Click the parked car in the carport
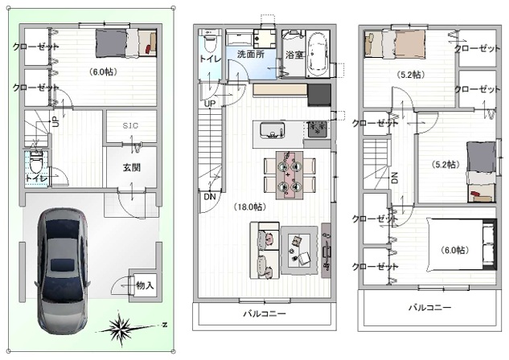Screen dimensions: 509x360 click(61, 271)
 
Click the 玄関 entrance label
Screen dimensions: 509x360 click(131, 167)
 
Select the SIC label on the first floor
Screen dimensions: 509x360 click(130, 125)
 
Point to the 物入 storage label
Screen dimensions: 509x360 click(145, 285)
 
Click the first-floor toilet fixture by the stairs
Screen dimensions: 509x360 click(35, 164)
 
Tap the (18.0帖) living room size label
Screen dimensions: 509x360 click(249, 207)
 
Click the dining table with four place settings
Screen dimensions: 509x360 click(289, 175)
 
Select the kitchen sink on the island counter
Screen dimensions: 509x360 click(272, 130)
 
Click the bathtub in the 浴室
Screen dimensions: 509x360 click(318, 54)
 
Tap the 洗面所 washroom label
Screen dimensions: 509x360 click(251, 54)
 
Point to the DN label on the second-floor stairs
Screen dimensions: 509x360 click(209, 197)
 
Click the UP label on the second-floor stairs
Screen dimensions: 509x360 click(210, 104)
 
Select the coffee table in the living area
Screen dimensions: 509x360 click(299, 250)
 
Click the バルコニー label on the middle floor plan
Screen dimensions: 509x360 click(265, 313)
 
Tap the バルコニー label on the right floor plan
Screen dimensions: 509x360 click(429, 307)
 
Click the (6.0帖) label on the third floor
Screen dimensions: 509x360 click(454, 250)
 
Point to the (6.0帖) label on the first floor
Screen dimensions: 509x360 click(103, 72)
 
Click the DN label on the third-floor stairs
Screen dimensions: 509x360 click(394, 178)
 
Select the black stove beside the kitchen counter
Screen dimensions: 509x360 click(319, 95)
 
